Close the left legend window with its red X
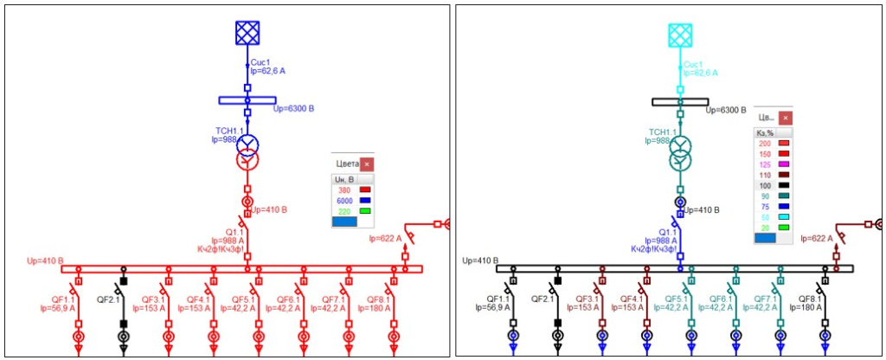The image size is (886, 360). click(x=366, y=164)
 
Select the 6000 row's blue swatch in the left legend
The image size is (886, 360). click(x=364, y=200)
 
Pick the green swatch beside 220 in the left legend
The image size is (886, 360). click(x=364, y=211)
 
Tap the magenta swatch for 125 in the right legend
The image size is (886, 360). click(x=784, y=164)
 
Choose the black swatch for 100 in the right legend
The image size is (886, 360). click(x=784, y=185)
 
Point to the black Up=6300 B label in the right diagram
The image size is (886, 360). click(x=726, y=110)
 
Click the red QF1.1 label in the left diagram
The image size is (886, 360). click(x=59, y=298)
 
